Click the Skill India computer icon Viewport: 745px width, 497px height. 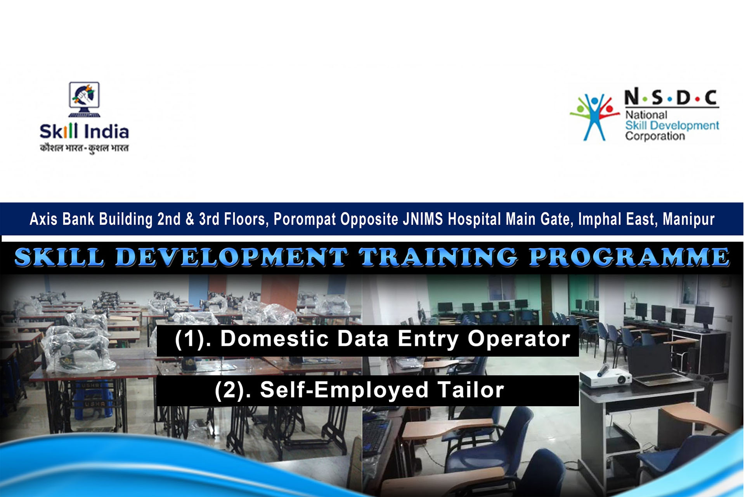pos(84,99)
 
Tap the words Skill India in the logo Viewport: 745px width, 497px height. pos(84,131)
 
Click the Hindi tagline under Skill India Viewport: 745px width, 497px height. pos(84,148)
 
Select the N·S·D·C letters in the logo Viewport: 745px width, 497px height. pos(671,97)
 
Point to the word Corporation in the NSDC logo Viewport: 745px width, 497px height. pos(655,136)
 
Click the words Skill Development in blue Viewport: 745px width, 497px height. pos(672,125)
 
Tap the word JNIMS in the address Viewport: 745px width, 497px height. pos(423,219)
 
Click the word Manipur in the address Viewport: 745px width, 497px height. pos(689,219)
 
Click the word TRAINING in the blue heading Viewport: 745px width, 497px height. pos(438,257)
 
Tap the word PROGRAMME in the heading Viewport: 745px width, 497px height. pos(629,257)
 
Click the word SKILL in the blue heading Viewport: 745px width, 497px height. pos(59,257)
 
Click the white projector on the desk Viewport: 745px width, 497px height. pos(605,376)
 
